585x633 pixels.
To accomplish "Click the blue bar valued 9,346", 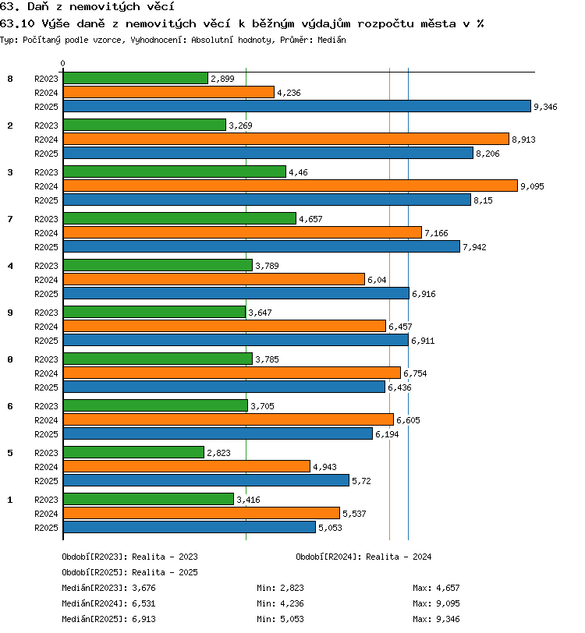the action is click(297, 106).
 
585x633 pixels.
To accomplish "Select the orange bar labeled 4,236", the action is click(169, 92).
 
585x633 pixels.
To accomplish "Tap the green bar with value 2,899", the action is click(136, 78).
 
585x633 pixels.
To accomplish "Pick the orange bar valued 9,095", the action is click(290, 186).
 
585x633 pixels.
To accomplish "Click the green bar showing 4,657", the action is click(179, 218).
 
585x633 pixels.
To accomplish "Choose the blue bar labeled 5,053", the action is click(190, 527).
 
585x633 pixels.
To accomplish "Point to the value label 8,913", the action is click(523, 140).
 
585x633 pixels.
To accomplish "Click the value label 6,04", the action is click(377, 280).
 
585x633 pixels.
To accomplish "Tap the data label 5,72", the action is click(361, 481).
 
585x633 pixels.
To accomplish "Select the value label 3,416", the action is click(249, 500).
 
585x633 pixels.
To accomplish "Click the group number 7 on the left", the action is click(10, 219).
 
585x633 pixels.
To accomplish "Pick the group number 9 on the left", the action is click(10, 313).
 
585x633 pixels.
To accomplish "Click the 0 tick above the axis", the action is click(62, 63).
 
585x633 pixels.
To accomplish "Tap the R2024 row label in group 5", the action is click(46, 467).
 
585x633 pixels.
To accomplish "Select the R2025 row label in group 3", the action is click(46, 200).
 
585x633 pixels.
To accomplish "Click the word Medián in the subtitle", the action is click(331, 40).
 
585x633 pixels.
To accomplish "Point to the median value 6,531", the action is click(144, 603).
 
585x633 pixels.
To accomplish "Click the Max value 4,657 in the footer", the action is click(448, 589).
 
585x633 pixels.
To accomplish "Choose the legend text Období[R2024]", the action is click(328, 557).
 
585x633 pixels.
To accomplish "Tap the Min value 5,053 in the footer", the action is click(292, 619).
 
